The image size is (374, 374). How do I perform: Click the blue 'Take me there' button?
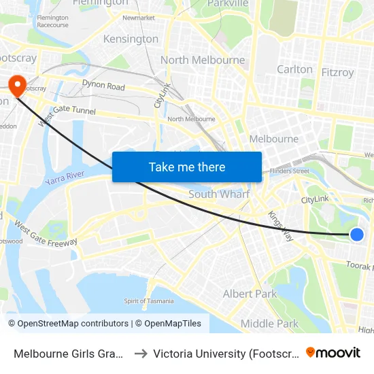pyautogui.click(x=187, y=167)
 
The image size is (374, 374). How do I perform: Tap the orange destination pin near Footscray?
pyautogui.click(x=16, y=84)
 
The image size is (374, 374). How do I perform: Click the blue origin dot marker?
pyautogui.click(x=357, y=235)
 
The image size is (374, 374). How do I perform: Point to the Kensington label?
pyautogui.click(x=131, y=39)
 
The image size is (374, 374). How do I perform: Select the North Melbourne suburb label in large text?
pyautogui.click(x=203, y=60)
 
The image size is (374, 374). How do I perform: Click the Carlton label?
pyautogui.click(x=294, y=69)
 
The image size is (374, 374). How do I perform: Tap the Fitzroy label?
pyautogui.click(x=337, y=71)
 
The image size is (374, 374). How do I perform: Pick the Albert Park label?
pyautogui.click(x=250, y=294)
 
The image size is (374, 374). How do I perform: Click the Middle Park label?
pyautogui.click(x=269, y=324)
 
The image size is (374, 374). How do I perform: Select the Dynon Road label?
pyautogui.click(x=103, y=86)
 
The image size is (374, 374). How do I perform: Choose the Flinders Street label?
pyautogui.click(x=290, y=171)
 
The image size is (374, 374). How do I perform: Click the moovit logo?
pyautogui.click(x=333, y=352)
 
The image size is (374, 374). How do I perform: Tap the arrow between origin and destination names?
pyautogui.click(x=140, y=353)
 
